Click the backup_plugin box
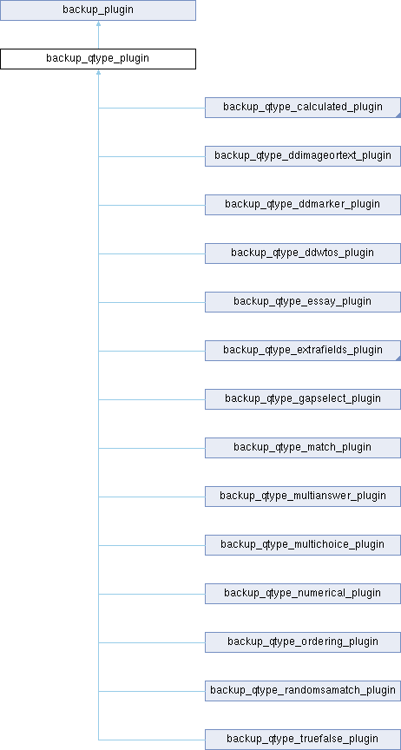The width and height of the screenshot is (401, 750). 98,10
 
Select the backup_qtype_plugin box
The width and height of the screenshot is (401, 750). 98,59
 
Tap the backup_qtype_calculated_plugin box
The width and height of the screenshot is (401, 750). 303,108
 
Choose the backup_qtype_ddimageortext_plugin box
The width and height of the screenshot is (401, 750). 303,156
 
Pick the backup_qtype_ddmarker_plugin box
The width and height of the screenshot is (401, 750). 303,205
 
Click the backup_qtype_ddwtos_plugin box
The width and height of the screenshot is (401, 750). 303,253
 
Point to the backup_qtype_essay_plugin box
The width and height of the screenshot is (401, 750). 303,302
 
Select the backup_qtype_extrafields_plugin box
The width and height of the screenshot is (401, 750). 303,351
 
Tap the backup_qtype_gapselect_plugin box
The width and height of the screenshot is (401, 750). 303,399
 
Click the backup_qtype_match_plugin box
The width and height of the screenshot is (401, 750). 303,448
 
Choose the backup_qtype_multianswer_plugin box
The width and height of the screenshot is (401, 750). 303,496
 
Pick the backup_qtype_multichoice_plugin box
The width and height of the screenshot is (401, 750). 303,545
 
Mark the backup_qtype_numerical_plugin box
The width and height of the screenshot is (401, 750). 303,594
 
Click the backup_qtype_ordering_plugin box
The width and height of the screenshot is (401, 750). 303,641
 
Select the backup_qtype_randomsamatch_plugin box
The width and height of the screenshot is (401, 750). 303,691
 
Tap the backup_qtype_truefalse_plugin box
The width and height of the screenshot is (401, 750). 303,740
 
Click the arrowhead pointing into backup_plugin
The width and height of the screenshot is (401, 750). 98,23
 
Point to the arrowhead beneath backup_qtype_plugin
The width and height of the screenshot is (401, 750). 98,72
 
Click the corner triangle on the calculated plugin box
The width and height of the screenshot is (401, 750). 398,115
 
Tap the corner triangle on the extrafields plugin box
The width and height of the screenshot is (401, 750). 398,359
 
